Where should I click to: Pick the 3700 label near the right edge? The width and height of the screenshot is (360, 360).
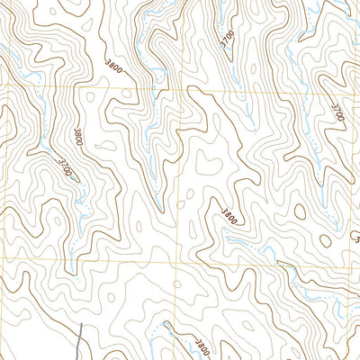[x=337, y=112]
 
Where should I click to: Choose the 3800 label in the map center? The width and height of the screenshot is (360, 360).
[x=230, y=216]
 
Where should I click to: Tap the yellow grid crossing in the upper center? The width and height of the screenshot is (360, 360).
[x=188, y=90]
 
